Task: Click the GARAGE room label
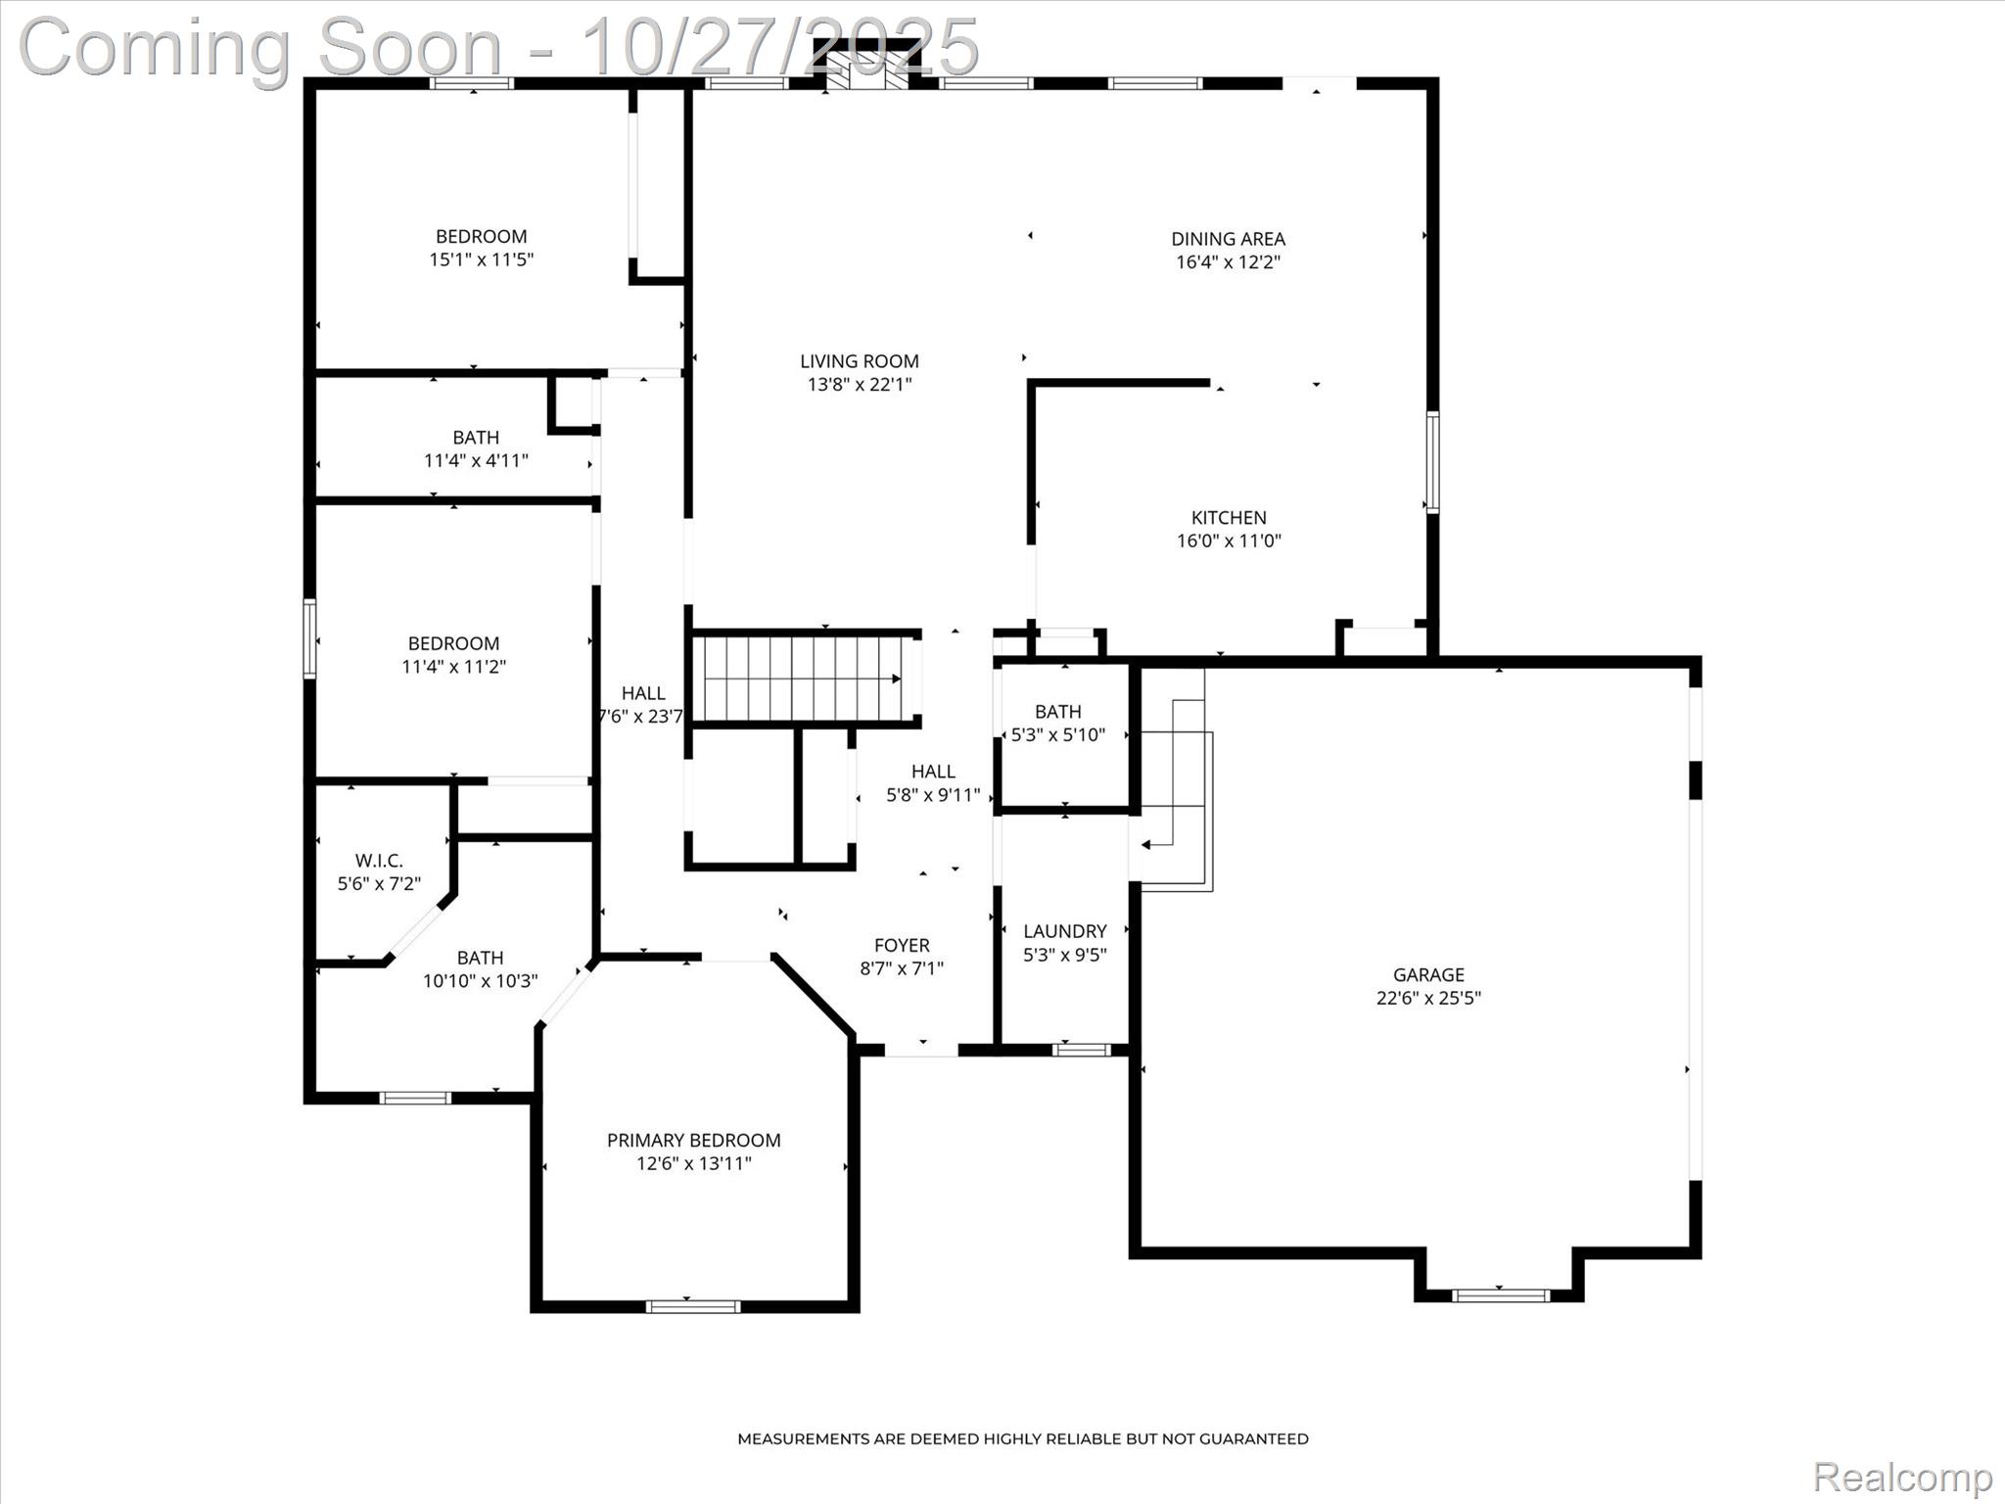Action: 1428,974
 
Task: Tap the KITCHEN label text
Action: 1229,517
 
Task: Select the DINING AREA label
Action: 1228,238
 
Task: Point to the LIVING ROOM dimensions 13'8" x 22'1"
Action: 859,385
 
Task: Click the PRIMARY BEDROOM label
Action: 693,1140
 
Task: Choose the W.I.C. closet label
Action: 379,860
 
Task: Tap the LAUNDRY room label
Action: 1064,931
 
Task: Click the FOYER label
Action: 902,945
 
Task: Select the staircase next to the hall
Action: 803,679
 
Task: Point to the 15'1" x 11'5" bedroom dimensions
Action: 481,259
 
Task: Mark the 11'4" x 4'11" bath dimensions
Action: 476,460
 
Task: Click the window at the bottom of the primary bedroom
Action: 692,1306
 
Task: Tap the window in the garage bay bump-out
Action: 1500,1295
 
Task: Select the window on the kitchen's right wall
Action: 1432,462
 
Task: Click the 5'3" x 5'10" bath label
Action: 1057,712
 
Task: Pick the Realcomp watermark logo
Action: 1902,1477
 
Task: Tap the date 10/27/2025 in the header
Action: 779,46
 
